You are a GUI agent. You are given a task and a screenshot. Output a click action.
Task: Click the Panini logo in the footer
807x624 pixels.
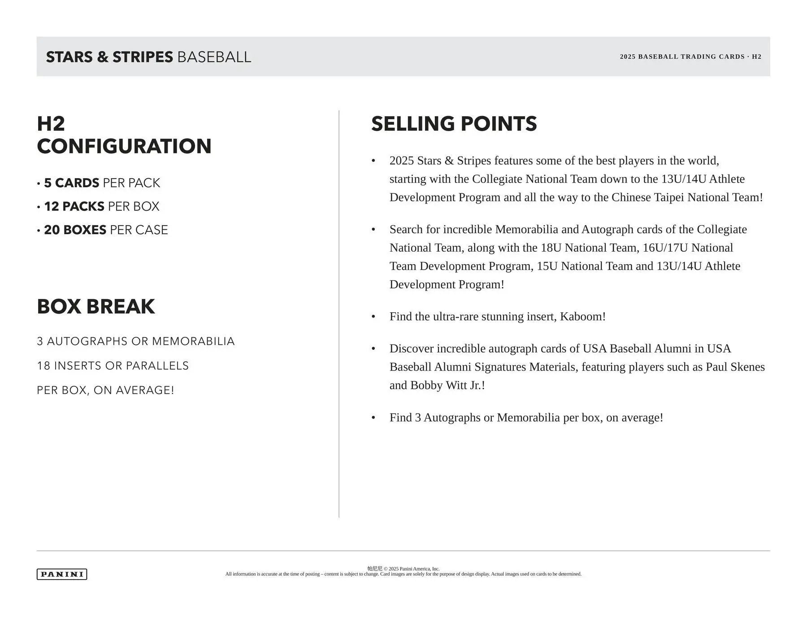pyautogui.click(x=62, y=574)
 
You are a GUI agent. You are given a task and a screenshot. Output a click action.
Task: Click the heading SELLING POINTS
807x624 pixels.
pyautogui.click(x=454, y=124)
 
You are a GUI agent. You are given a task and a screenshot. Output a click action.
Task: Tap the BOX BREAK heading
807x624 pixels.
pyautogui.click(x=95, y=307)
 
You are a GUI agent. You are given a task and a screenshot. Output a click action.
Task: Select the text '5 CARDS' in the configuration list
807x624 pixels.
pyautogui.click(x=72, y=183)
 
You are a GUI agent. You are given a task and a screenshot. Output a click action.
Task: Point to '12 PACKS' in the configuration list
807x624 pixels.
pyautogui.click(x=74, y=206)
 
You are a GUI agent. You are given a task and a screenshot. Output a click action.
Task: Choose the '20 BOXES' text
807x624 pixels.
pyautogui.click(x=75, y=230)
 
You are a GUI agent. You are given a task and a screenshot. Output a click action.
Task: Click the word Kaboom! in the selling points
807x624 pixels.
pyautogui.click(x=582, y=317)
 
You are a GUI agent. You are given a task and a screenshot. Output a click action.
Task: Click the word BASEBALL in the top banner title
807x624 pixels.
pyautogui.click(x=214, y=57)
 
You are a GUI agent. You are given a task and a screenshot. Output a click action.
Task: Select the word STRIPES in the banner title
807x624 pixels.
pyautogui.click(x=143, y=57)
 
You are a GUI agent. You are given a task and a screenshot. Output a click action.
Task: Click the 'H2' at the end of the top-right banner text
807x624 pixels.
pyautogui.click(x=756, y=57)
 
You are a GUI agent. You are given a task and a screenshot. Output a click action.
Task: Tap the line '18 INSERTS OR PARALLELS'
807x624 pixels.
pyautogui.click(x=113, y=366)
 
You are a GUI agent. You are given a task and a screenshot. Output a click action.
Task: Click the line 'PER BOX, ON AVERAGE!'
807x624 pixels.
pyautogui.click(x=105, y=390)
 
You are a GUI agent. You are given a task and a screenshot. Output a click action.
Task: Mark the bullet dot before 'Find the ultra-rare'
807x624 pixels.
pyautogui.click(x=373, y=317)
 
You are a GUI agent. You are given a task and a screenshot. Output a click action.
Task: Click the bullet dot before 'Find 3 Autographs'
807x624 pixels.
pyautogui.click(x=373, y=418)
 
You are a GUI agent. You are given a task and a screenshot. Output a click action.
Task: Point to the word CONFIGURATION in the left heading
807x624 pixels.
pyautogui.click(x=124, y=146)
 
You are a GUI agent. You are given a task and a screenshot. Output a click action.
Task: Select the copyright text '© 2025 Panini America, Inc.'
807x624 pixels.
pyautogui.click(x=412, y=569)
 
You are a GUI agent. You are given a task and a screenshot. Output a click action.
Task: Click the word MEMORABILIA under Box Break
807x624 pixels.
pyautogui.click(x=193, y=341)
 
